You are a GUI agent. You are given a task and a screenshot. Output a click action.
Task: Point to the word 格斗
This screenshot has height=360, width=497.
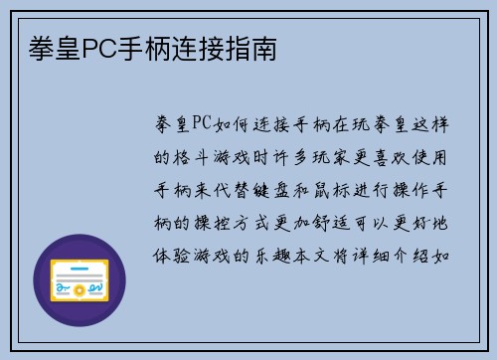[191, 156]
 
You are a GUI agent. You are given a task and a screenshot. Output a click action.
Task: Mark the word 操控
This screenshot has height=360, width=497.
[212, 220]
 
